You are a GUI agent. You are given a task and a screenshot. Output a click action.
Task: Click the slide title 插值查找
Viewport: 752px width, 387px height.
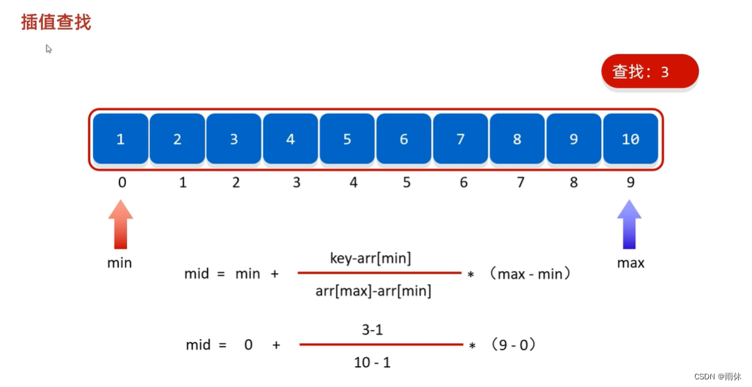56,22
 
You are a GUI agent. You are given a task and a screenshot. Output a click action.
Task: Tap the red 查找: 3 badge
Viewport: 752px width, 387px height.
649,71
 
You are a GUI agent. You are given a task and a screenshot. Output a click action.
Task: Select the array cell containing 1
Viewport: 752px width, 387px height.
120,139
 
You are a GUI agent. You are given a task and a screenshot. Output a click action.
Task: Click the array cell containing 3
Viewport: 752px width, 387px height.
234,139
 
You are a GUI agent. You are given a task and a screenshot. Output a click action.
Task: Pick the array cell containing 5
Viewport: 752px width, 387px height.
348,139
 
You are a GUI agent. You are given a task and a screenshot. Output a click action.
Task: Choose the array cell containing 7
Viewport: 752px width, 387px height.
460,139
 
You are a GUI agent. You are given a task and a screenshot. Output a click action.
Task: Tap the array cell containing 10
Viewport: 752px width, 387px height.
630,139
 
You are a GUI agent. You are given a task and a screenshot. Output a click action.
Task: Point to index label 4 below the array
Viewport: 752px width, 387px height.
353,183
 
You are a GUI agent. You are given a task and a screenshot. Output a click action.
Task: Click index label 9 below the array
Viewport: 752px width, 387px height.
630,183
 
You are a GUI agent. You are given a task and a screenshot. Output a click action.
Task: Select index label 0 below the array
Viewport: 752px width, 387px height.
122,183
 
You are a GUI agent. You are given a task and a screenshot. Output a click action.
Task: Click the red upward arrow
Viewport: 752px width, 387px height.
121,224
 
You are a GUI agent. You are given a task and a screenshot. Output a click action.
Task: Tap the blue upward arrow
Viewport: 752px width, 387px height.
630,224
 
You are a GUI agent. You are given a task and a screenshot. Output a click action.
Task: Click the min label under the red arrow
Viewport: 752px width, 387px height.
120,263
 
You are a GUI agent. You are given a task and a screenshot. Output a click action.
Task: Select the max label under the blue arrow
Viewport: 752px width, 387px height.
631,263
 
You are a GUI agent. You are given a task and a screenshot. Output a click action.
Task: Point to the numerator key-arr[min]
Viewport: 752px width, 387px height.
370,258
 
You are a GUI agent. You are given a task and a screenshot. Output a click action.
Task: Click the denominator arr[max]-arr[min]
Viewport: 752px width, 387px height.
373,291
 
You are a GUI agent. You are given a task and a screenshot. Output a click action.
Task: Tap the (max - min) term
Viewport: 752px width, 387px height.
530,274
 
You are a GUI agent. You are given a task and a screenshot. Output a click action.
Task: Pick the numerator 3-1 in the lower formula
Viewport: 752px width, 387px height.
373,330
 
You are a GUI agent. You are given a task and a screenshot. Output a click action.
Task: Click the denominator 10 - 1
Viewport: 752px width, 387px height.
373,362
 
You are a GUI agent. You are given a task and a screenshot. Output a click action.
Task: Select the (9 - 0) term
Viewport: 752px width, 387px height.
513,345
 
